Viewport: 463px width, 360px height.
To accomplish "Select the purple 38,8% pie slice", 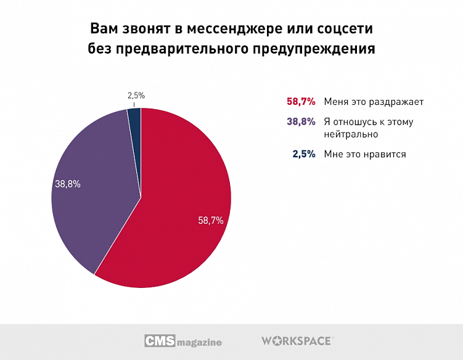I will point(92,203).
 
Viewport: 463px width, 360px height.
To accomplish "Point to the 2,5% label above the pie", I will point(136,96).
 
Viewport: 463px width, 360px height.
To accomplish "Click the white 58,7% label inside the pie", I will point(210,219).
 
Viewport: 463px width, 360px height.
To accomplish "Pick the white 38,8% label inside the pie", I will point(68,183).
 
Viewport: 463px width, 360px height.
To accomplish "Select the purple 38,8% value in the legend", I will point(301,122).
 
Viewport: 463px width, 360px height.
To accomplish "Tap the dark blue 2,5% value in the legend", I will point(304,154).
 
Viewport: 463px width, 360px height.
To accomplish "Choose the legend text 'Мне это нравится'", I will point(365,154).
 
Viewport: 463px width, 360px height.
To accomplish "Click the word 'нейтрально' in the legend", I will point(351,133).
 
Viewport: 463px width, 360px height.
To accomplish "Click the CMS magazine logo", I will point(183,341).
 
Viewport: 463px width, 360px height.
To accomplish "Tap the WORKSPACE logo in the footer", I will point(297,340).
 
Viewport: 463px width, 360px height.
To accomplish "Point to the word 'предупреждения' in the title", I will point(313,49).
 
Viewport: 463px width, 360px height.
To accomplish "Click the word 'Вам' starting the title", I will point(103,30).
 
